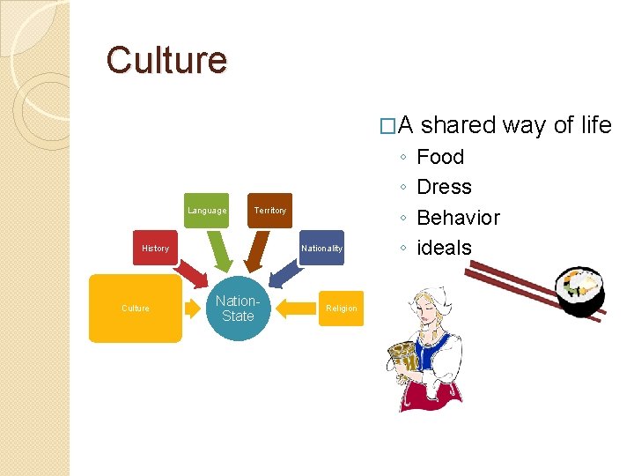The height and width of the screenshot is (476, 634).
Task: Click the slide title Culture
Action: click(x=166, y=60)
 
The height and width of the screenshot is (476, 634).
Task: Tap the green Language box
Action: click(x=207, y=211)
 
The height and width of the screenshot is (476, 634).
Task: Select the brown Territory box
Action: click(x=270, y=211)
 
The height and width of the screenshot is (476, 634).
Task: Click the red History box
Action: click(x=155, y=249)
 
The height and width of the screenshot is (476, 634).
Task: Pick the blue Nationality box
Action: click(x=321, y=249)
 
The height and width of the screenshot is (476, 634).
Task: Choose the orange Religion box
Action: click(x=342, y=309)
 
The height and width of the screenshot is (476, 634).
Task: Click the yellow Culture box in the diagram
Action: click(x=136, y=309)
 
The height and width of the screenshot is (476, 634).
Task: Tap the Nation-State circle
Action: click(x=238, y=309)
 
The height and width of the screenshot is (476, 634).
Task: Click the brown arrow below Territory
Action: click(x=256, y=252)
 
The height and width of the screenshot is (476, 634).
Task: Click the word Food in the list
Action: click(x=439, y=157)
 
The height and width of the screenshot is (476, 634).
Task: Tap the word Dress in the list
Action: click(x=444, y=187)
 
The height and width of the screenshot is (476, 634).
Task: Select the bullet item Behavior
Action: click(x=458, y=218)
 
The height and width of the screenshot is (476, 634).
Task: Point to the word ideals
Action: click(x=444, y=248)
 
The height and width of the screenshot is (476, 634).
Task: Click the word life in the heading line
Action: click(x=596, y=125)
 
